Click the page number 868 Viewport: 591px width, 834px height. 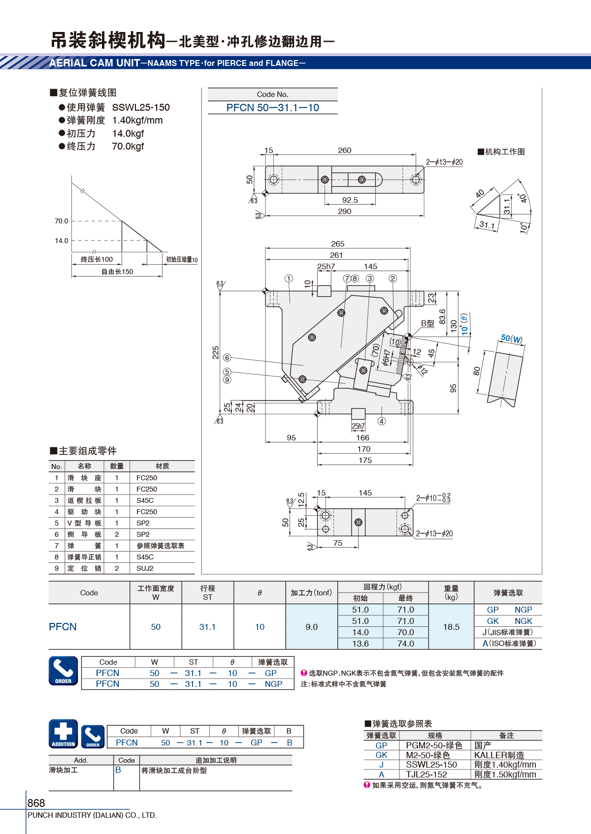36,803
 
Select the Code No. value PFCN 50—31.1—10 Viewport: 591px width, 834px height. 272,108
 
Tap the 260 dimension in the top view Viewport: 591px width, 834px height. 344,151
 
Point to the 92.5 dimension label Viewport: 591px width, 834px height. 350,200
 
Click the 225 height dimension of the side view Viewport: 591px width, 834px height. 216,352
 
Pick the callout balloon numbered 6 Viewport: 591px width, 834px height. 227,358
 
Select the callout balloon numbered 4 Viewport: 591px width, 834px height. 382,421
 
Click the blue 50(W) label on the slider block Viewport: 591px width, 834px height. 511,339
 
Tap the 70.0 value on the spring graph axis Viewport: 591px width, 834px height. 62,221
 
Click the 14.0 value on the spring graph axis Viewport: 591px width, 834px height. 62,241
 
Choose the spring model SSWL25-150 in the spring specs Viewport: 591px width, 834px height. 141,107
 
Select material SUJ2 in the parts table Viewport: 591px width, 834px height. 145,568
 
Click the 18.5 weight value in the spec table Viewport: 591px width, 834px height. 451,627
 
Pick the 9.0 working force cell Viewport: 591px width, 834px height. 311,627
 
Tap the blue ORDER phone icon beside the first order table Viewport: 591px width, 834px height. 64,671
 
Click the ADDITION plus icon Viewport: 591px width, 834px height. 64,734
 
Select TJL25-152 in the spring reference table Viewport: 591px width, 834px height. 427,774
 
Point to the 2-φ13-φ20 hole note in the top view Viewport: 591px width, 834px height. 444,162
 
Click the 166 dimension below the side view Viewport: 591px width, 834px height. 362,438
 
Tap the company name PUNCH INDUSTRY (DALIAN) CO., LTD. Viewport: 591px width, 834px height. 92,815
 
